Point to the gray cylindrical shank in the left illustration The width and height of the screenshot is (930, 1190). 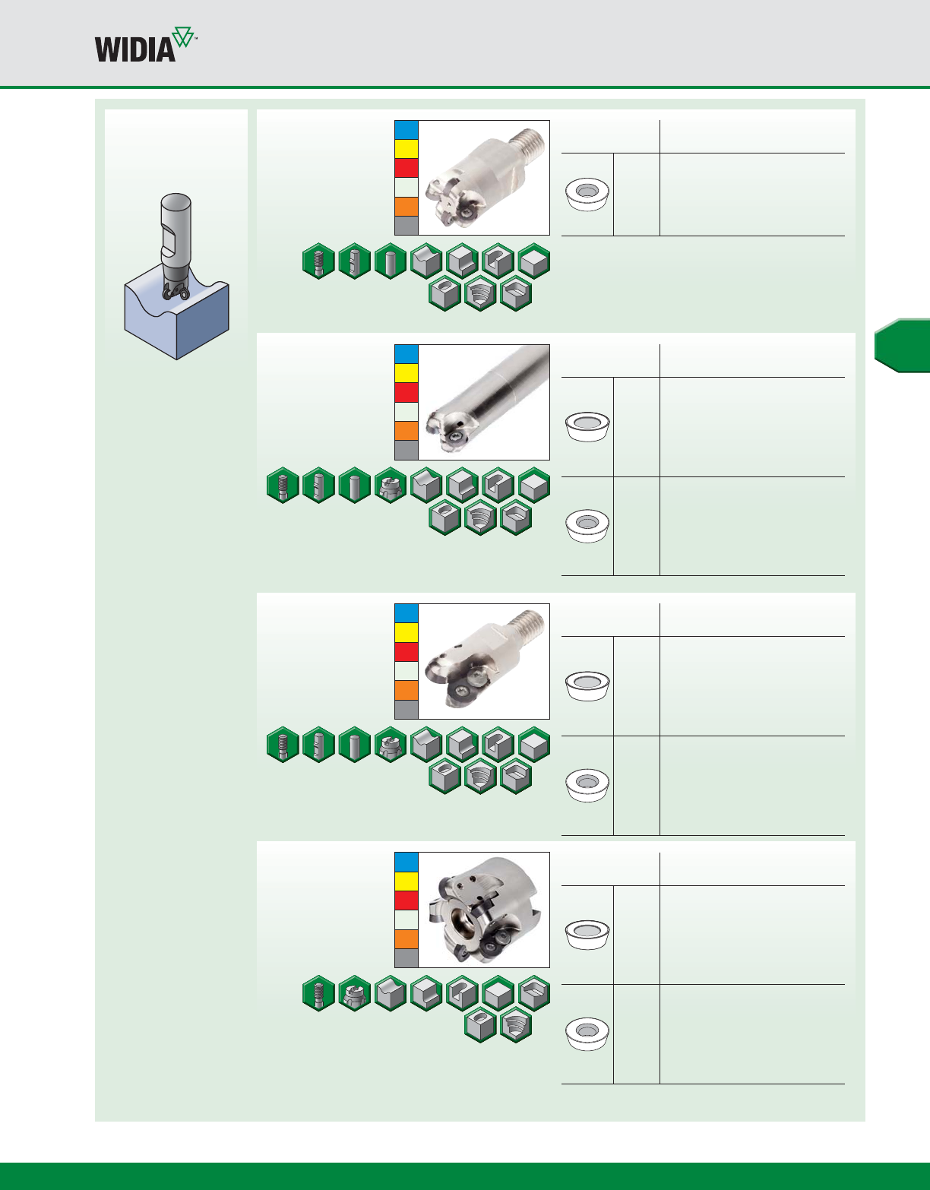tap(176, 220)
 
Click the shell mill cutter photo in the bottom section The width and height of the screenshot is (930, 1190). tap(484, 910)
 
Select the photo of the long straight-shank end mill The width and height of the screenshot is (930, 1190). tap(484, 402)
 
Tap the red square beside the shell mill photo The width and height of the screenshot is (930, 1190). tap(406, 900)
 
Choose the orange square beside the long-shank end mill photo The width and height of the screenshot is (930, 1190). tap(406, 431)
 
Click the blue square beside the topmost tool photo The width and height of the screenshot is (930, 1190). tap(406, 130)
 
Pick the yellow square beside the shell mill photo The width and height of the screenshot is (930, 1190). tap(406, 881)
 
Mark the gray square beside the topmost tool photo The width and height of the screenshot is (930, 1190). tap(406, 226)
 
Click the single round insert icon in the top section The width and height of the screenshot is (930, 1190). tap(587, 195)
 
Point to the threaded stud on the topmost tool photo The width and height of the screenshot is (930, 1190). tap(529, 141)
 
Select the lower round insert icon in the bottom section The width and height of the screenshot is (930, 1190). tap(587, 1034)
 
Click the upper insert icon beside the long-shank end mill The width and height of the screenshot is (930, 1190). tap(587, 426)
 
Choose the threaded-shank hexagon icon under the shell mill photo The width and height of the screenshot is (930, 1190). tap(318, 993)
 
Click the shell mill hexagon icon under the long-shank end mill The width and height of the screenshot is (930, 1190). tap(391, 486)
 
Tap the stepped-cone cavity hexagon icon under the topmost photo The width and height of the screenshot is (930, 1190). tap(480, 293)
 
